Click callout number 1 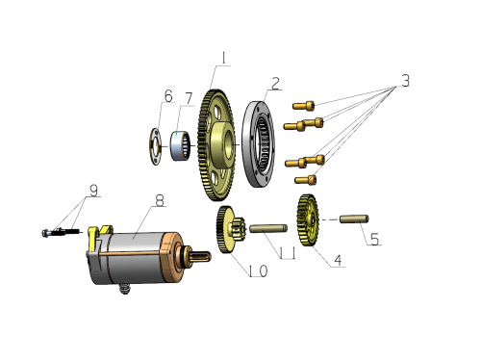point(223,59)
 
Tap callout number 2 point(275,84)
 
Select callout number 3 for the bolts point(406,81)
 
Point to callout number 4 point(338,260)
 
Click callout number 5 point(374,240)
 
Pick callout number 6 point(168,96)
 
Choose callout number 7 point(189,98)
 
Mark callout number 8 point(160,200)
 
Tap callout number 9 point(93,191)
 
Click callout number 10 point(259,271)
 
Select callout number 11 point(288,253)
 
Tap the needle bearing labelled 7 point(180,145)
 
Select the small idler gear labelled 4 point(308,220)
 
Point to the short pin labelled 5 point(354,219)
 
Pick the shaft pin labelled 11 point(268,228)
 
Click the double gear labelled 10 point(230,230)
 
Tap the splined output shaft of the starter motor point(200,257)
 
